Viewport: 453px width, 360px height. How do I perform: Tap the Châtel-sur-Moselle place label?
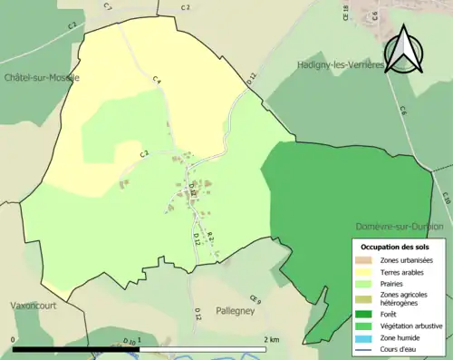point(42,78)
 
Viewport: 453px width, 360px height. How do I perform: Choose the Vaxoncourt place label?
point(34,306)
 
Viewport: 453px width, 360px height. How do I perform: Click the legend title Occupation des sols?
point(397,247)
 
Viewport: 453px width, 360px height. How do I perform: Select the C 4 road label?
point(157,81)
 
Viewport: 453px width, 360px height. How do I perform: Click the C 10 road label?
point(445,198)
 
